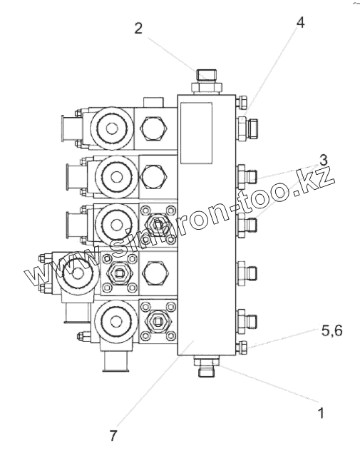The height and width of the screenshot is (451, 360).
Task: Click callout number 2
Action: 138,29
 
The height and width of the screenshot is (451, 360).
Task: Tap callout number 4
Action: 300,22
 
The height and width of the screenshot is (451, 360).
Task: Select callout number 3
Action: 324,160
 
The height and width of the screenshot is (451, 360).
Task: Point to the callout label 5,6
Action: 332,331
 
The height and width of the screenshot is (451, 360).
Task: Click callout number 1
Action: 321,413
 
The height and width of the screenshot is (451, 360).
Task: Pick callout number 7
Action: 113,436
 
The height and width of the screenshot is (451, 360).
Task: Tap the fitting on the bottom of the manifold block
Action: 206,366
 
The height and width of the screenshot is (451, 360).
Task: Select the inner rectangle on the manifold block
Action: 196,133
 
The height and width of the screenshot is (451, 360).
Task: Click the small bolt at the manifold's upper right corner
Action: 242,102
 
